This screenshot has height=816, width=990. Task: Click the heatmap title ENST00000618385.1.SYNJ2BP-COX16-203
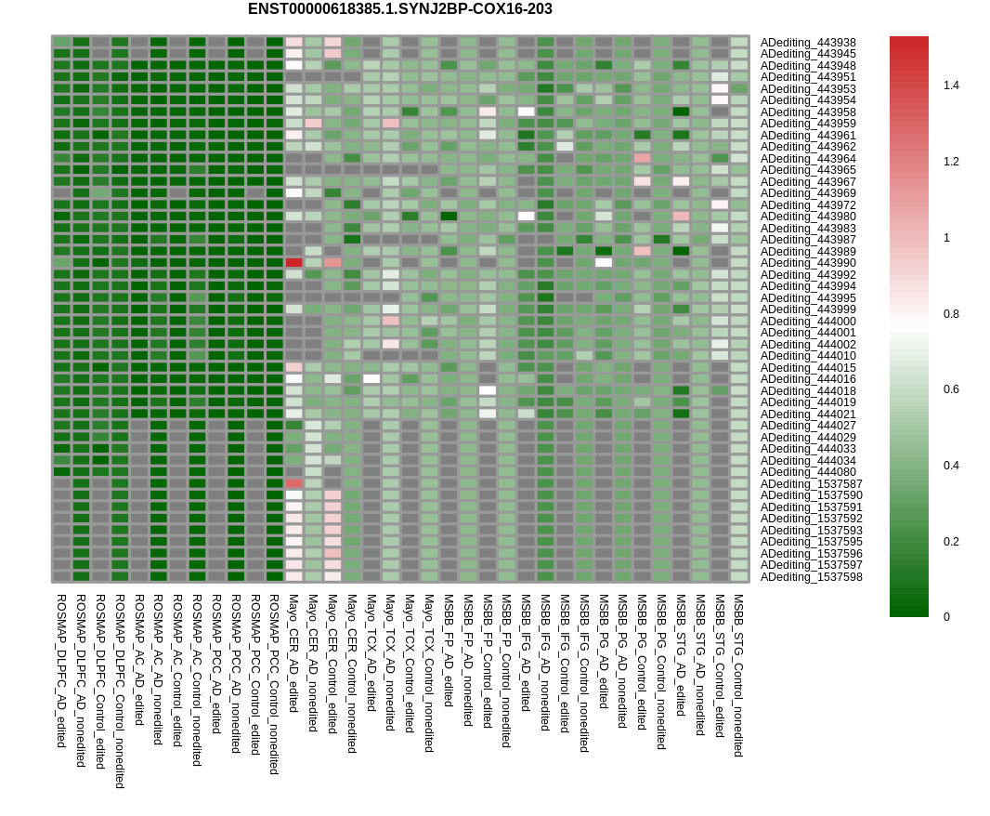[x=399, y=9]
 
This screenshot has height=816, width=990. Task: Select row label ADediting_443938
[x=808, y=43]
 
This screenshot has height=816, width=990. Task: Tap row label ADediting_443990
[x=808, y=263]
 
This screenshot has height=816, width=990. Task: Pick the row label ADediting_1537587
[x=811, y=484]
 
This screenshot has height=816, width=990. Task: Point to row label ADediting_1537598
[x=811, y=577]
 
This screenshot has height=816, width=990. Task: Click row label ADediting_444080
[x=808, y=472]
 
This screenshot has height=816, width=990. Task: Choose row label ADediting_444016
[x=808, y=379]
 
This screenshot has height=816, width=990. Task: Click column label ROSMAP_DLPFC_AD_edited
[x=61, y=671]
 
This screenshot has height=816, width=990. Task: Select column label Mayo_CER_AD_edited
[x=293, y=653]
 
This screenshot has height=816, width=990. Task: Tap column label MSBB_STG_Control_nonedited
[x=738, y=675]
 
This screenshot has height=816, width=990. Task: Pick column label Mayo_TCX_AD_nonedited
[x=390, y=663]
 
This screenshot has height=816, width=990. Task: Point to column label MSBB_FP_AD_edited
[x=449, y=650]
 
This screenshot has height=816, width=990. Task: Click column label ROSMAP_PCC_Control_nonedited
[x=274, y=684]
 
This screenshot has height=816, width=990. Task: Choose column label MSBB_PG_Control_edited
[x=642, y=662]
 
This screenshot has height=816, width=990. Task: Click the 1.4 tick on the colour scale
[x=951, y=86]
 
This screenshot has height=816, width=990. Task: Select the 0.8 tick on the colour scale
[x=951, y=314]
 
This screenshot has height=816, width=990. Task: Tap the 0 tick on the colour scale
[x=946, y=617]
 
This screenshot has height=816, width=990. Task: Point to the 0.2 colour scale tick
[x=951, y=542]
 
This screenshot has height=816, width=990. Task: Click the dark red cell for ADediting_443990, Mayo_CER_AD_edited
[x=294, y=263]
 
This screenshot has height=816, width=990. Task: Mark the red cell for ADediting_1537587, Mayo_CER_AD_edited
[x=294, y=483]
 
